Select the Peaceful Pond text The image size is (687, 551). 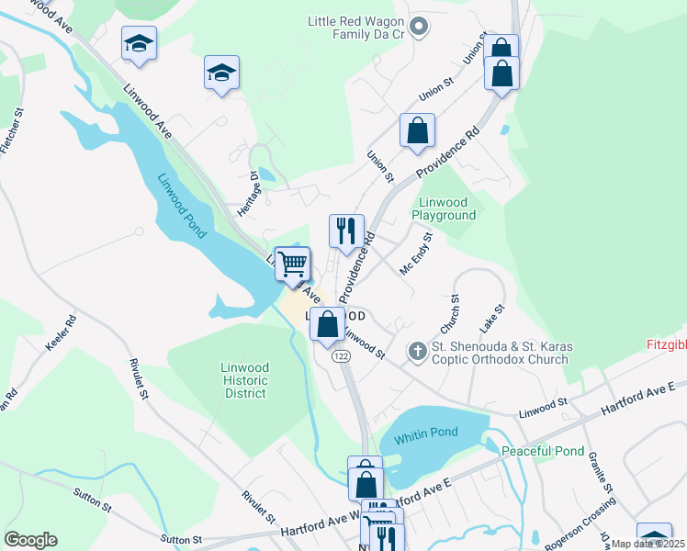click(x=542, y=451)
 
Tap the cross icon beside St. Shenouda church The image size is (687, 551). click(x=417, y=350)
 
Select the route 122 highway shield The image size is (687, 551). click(x=341, y=355)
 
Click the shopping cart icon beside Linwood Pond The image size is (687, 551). click(x=293, y=264)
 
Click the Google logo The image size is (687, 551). click(x=30, y=540)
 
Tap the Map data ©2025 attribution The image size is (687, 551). click(x=648, y=544)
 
